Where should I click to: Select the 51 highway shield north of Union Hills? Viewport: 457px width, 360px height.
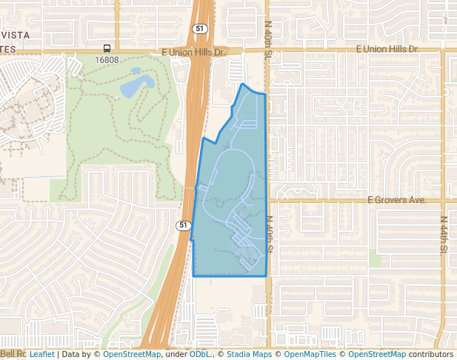tap(200, 28)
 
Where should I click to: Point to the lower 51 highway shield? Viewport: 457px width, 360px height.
tap(183, 224)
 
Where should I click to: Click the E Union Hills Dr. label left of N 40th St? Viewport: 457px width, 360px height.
tap(193, 52)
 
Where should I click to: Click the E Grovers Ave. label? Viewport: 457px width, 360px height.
tap(397, 200)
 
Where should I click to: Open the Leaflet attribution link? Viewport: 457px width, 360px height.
tap(41, 354)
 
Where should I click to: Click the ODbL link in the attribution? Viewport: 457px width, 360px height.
tap(200, 354)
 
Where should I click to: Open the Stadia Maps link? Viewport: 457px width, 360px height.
tap(249, 354)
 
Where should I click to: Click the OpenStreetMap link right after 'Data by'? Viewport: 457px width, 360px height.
tap(131, 354)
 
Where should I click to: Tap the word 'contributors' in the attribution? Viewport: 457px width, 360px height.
tap(431, 354)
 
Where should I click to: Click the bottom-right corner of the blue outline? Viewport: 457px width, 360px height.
tap(266, 276)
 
